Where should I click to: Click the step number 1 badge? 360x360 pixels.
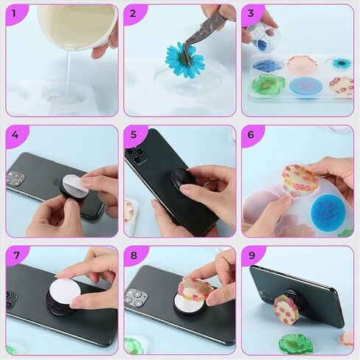click(14, 13)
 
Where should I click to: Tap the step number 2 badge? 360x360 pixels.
click(134, 13)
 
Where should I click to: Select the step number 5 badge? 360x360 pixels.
click(134, 135)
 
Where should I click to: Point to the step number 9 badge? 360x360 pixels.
click(252, 255)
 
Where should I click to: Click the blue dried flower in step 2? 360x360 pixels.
click(185, 60)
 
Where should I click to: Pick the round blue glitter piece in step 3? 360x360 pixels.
click(306, 86)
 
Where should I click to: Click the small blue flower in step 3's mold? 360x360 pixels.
click(342, 63)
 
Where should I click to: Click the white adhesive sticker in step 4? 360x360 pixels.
click(73, 184)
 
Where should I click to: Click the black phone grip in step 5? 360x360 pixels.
click(182, 178)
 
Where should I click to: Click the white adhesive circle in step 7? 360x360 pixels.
click(64, 292)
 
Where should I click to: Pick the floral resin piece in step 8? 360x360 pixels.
click(195, 291)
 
